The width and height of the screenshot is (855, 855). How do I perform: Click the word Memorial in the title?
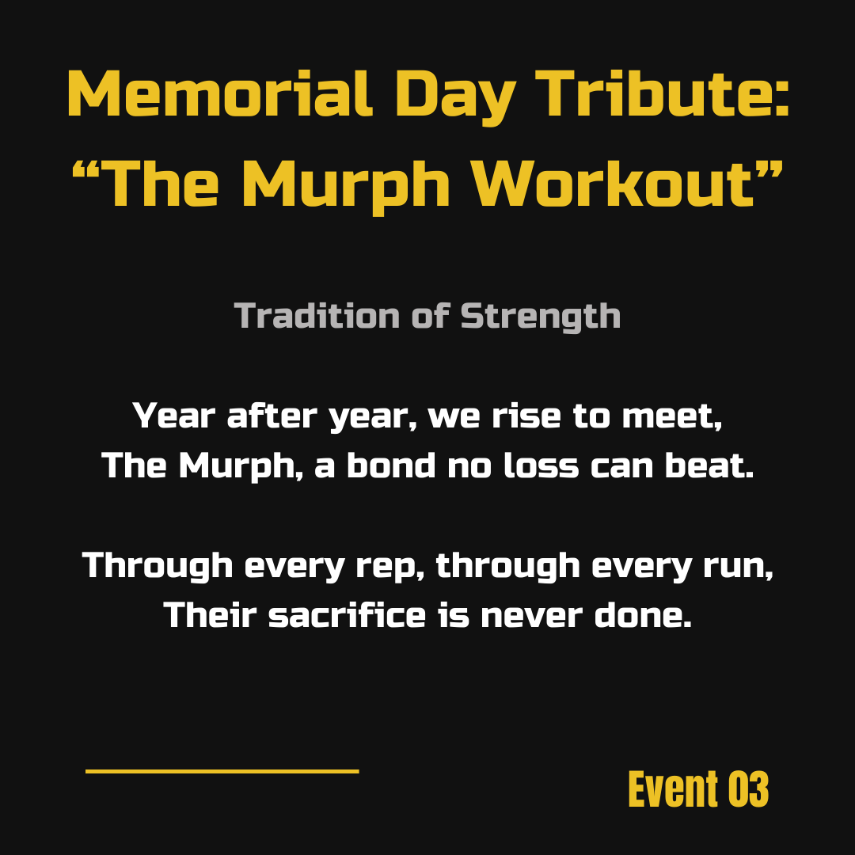220,93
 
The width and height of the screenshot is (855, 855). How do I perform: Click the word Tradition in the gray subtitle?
317,316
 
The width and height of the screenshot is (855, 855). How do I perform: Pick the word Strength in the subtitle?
541,317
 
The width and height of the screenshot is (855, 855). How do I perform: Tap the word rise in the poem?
526,416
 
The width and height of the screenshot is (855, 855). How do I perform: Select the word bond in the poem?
392,465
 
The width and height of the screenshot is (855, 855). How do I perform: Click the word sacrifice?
347,614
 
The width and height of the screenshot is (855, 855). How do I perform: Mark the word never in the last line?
532,616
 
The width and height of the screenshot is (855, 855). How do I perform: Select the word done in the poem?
643,614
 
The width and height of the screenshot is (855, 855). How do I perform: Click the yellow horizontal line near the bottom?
222,771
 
